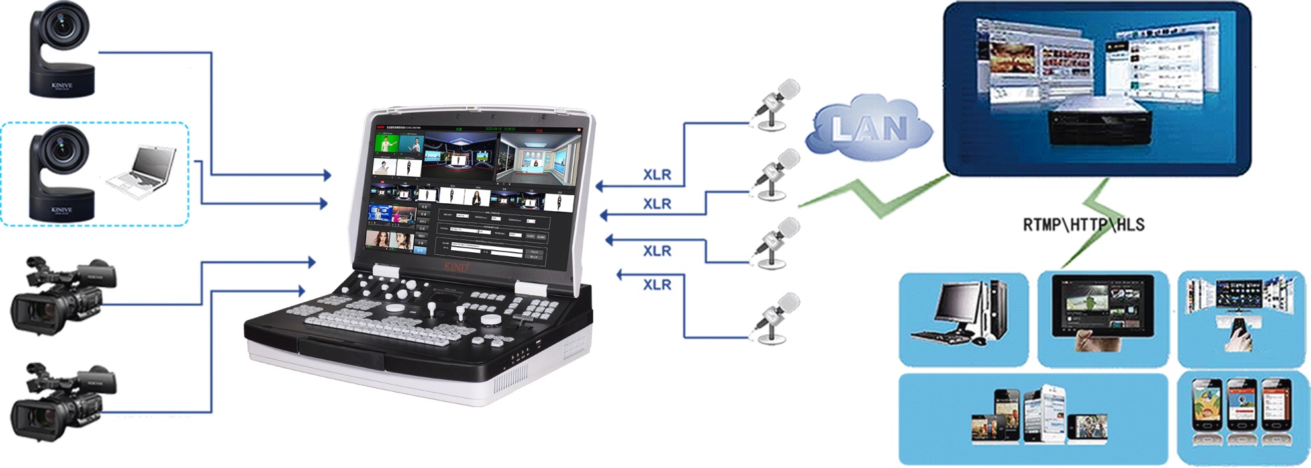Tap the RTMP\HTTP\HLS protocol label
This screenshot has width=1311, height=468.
(x=1083, y=225)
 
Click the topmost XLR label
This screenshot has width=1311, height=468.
(x=657, y=175)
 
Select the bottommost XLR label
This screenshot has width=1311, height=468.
(x=657, y=285)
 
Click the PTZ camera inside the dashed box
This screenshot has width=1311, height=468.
(x=61, y=173)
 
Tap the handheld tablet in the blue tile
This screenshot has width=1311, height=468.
(x=1102, y=308)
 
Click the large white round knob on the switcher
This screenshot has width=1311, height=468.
(x=491, y=320)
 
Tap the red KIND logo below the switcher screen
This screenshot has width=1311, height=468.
(x=456, y=267)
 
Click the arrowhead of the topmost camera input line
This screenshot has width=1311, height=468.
(x=326, y=175)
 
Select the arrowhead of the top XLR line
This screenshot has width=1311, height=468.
(x=599, y=186)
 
